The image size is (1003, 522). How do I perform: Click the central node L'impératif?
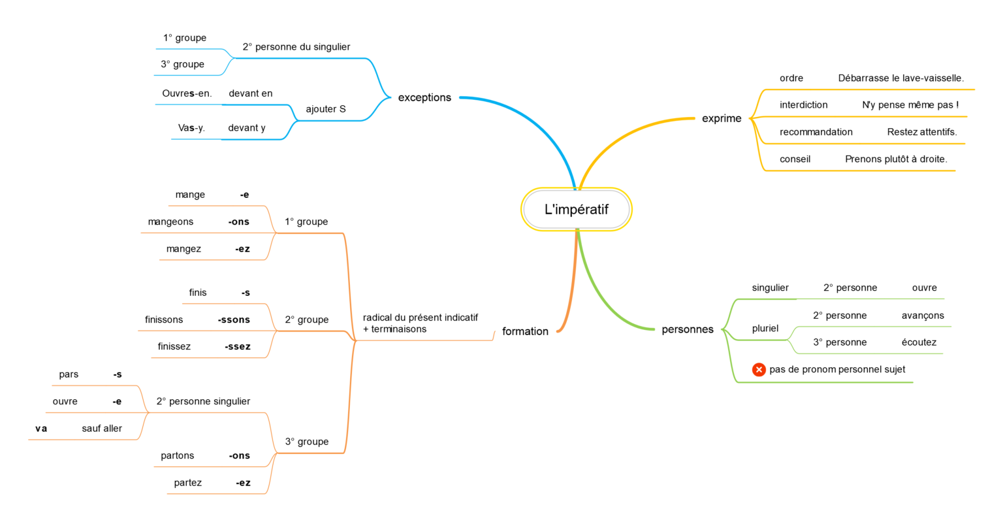[576, 210]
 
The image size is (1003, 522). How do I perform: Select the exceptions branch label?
[424, 97]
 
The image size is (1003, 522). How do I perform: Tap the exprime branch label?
[722, 118]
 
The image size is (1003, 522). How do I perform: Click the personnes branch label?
[688, 329]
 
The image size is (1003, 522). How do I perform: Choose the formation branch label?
[525, 331]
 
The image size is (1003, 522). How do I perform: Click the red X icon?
[759, 370]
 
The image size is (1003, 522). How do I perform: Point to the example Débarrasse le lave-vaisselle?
[900, 78]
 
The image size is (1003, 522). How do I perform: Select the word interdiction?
[803, 105]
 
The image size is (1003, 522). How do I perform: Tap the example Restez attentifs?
[921, 132]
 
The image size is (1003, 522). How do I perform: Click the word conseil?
[795, 159]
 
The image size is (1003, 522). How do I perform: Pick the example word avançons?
[923, 316]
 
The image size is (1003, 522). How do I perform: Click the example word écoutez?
[919, 342]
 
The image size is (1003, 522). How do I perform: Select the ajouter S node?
[326, 109]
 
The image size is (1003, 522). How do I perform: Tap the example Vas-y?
[191, 128]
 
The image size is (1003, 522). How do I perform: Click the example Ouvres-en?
[187, 93]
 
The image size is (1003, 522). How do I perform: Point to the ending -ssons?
[234, 319]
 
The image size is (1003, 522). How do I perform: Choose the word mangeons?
[170, 222]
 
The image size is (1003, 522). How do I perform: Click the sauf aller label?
[102, 429]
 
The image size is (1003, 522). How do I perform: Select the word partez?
[187, 483]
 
